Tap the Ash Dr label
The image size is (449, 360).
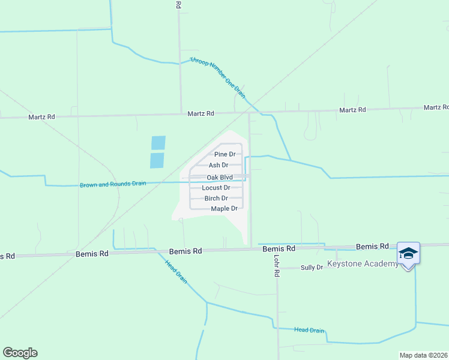coord(218,165)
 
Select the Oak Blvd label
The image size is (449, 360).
coord(220,177)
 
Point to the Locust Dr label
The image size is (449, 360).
coord(216,188)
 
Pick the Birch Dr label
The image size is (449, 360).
coord(216,198)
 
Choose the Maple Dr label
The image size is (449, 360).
coord(224,209)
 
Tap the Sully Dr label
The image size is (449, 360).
coord(312,268)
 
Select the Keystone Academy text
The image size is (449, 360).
coord(362,264)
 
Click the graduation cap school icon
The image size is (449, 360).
coord(408,253)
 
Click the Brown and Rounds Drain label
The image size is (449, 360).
coord(113,184)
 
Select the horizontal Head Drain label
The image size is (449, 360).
coord(309,331)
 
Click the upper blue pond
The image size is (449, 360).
coord(158,143)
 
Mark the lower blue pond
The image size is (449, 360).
coord(157,160)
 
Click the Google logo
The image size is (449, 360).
coord(20,353)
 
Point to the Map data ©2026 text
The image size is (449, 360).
coord(423,355)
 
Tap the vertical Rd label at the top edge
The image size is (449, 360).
coord(178,4)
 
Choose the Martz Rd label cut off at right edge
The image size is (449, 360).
coord(436,107)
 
